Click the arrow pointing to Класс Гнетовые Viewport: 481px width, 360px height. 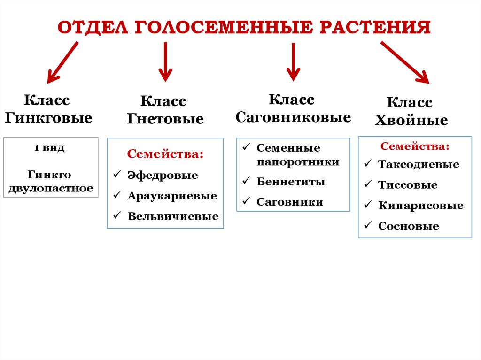(165, 61)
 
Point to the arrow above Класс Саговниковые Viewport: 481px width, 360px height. (293, 61)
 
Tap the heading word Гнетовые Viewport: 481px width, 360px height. (165, 119)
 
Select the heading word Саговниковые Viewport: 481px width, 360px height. (293, 117)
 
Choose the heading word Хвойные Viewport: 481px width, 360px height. (411, 120)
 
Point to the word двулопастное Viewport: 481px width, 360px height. (51, 189)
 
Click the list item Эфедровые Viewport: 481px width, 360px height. (163, 176)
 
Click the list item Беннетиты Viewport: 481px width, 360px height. (291, 182)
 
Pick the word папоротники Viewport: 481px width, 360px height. (298, 162)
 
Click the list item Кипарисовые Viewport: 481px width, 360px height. (420, 206)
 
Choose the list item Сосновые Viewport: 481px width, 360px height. (408, 226)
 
